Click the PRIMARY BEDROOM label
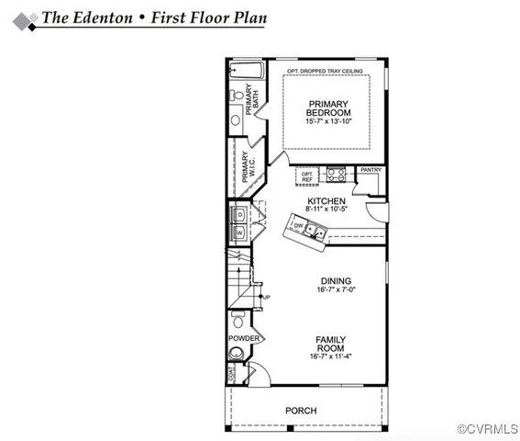(x=327, y=107)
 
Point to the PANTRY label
(x=371, y=170)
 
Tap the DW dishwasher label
(x=298, y=224)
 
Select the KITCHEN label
(x=326, y=201)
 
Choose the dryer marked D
(x=239, y=215)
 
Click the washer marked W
(x=239, y=233)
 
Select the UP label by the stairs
(x=266, y=298)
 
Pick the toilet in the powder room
(x=238, y=321)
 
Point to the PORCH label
(x=300, y=410)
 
